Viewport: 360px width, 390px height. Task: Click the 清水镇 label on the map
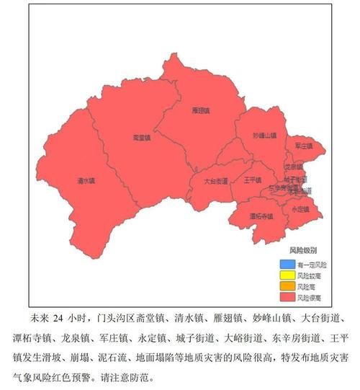pos(86,181)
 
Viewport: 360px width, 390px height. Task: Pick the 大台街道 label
pos(215,181)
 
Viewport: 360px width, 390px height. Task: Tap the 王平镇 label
pos(253,180)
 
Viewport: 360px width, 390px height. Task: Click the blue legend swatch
pos(287,265)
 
